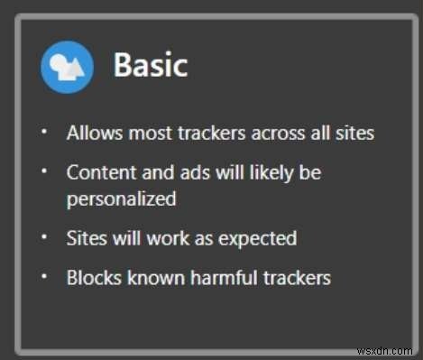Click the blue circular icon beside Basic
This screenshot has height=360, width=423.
coord(67,66)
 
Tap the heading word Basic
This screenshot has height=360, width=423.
coord(150,66)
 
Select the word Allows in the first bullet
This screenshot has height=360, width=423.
coord(91,133)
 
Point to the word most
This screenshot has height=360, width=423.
coord(143,133)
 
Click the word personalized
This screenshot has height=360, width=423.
coord(121,198)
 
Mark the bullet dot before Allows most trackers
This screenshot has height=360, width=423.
coord(44,133)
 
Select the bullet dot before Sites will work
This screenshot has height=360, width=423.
coord(44,238)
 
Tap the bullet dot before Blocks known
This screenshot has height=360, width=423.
coord(44,277)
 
